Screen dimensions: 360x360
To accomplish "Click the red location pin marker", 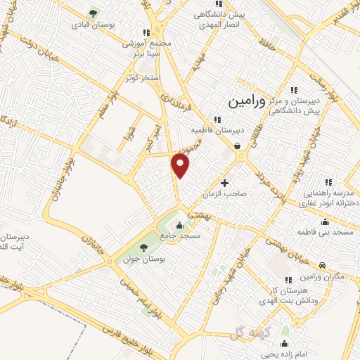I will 181,166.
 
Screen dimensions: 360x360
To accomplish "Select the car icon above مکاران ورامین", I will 322,265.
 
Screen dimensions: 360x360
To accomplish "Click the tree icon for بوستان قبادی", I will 92,13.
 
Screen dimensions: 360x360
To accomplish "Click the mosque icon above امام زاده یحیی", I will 285,344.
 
